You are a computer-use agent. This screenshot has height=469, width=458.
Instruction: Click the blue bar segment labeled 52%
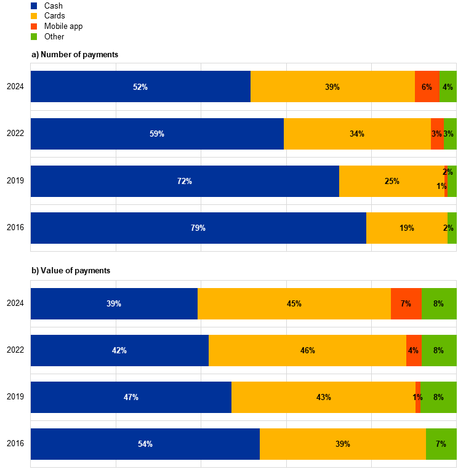[140, 87]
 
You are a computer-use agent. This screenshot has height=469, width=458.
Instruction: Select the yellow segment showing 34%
[357, 134]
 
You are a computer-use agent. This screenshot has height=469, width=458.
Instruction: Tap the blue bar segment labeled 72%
[185, 181]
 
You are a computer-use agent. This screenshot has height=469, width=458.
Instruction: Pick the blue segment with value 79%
[198, 228]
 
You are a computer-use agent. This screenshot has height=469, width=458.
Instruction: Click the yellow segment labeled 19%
[406, 228]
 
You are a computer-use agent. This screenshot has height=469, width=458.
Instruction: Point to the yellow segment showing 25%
[392, 181]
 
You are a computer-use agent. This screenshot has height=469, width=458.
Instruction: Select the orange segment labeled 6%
[427, 87]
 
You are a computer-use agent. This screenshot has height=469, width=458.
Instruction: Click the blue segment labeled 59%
[157, 134]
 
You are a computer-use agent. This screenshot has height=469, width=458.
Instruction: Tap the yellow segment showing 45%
[294, 303]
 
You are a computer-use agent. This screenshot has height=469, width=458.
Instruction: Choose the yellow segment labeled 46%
[307, 350]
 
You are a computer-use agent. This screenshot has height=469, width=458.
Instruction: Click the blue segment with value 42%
[119, 350]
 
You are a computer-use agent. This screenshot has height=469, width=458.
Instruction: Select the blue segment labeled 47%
[131, 397]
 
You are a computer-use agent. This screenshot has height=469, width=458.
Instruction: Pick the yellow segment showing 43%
[323, 397]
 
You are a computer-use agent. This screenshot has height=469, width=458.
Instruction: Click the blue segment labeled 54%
[145, 444]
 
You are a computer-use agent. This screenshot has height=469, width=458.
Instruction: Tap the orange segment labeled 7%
[406, 303]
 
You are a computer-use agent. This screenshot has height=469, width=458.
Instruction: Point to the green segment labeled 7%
[441, 444]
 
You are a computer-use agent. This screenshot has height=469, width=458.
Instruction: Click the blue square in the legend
[34, 6]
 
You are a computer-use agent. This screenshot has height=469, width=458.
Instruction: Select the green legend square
[34, 37]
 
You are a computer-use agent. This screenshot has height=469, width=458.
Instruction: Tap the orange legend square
[34, 26]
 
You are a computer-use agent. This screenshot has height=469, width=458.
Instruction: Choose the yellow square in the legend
[34, 16]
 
